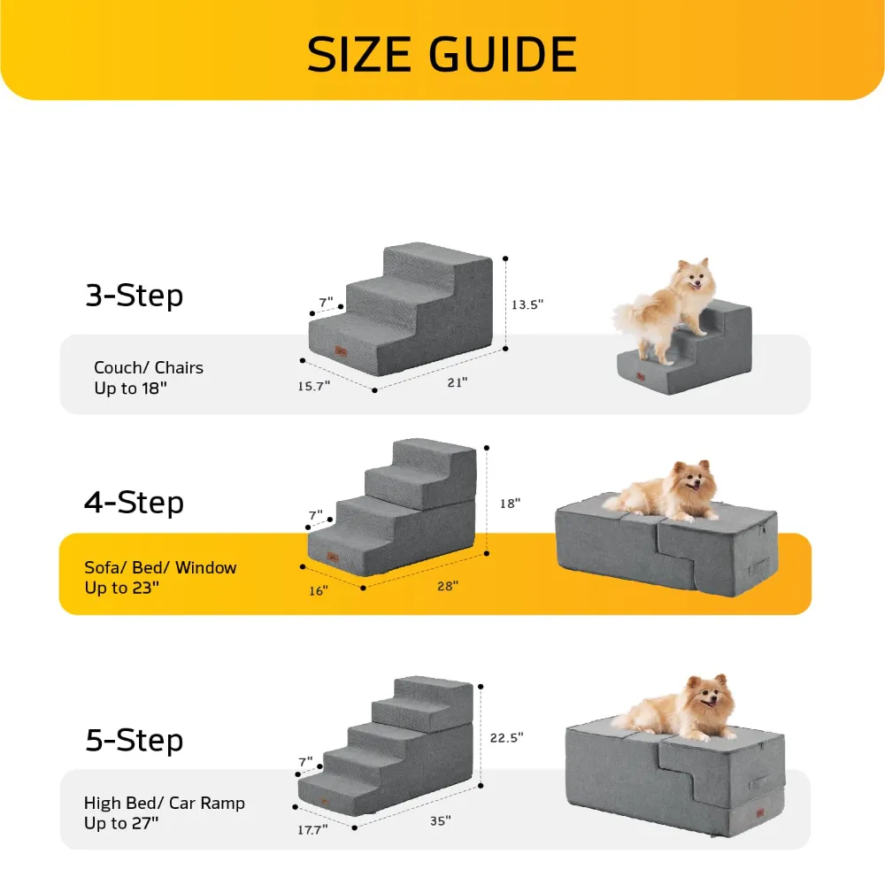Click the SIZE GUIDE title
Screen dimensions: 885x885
(x=442, y=54)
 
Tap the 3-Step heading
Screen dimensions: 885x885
(x=134, y=295)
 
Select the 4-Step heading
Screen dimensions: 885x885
(x=134, y=502)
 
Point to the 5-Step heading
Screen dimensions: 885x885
(x=134, y=739)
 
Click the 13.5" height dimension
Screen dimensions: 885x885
(x=527, y=304)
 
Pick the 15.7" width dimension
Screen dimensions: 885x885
(x=314, y=386)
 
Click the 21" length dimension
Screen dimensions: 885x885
(x=458, y=381)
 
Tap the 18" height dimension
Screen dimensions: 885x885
(x=510, y=503)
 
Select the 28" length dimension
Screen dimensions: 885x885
(x=448, y=586)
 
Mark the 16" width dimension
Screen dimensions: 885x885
(x=318, y=590)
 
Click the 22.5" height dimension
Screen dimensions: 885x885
(x=506, y=736)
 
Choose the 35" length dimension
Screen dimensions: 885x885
(x=440, y=820)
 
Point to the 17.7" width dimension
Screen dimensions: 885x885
(x=312, y=829)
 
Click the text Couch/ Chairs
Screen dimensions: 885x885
(x=149, y=367)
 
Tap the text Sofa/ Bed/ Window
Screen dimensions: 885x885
(x=160, y=567)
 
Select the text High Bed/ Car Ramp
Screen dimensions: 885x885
(x=164, y=804)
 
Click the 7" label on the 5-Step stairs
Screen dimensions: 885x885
(x=306, y=761)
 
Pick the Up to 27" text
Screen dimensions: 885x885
(x=121, y=824)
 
